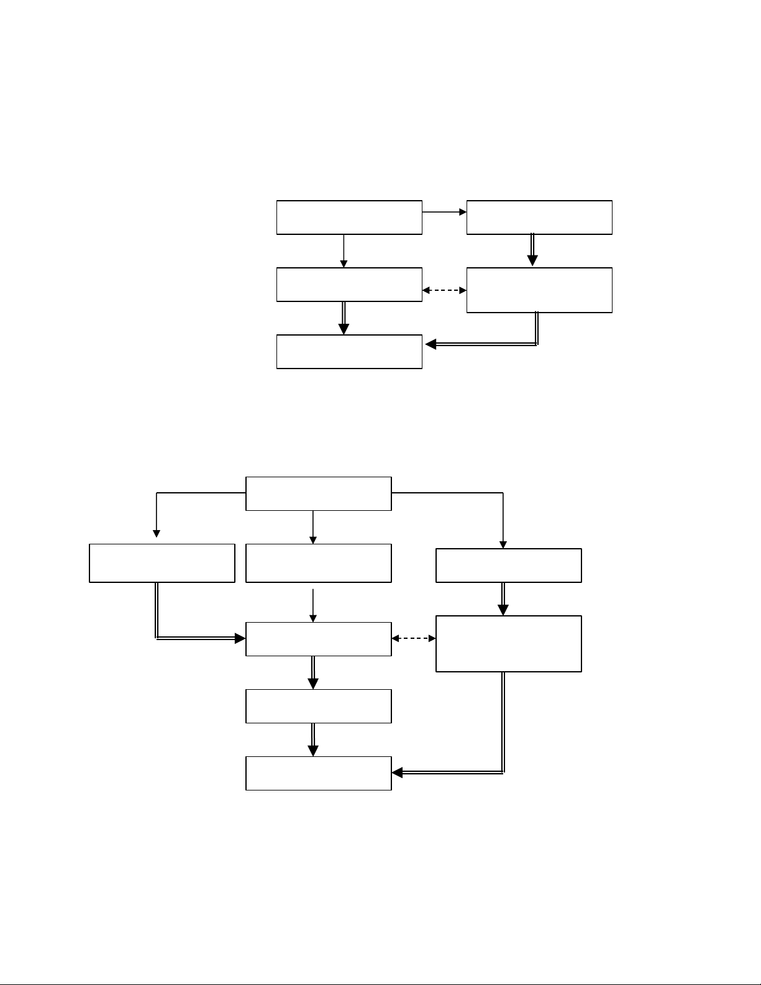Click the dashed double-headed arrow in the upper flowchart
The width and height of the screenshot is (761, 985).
tap(444, 290)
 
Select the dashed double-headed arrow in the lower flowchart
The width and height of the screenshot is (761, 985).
tap(414, 638)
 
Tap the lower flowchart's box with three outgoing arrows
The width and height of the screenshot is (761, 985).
tap(319, 493)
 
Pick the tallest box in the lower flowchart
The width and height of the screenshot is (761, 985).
tap(509, 644)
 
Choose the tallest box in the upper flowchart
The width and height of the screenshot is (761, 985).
tap(539, 290)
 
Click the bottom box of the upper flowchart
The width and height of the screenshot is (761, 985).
tap(349, 352)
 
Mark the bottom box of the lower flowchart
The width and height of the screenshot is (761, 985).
tap(319, 773)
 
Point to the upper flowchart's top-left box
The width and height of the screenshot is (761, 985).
tap(349, 218)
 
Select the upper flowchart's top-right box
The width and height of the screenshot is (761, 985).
tap(539, 218)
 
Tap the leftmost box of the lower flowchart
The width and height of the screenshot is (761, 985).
tap(162, 563)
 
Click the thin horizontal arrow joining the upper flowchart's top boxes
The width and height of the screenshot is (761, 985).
tap(444, 212)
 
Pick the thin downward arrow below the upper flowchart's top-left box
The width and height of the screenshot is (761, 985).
tap(344, 251)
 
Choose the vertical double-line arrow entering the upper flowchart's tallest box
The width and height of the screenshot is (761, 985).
tap(532, 250)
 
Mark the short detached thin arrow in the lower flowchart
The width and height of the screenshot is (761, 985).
tap(313, 604)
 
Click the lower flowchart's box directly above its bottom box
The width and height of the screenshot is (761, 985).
tap(319, 706)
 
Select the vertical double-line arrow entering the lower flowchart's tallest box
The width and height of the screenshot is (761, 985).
tap(503, 599)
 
